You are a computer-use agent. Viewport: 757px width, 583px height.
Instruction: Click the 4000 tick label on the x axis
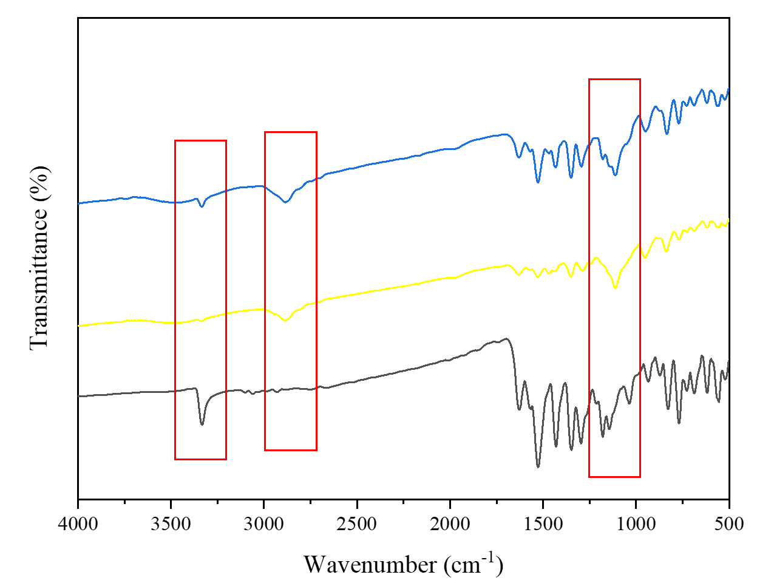click(78, 523)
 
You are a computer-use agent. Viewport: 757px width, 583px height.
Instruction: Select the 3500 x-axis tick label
click(171, 523)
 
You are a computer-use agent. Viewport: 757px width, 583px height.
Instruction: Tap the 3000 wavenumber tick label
click(263, 523)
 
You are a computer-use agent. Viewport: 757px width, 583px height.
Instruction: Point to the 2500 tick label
click(357, 523)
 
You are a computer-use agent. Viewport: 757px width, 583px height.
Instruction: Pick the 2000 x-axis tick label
click(450, 523)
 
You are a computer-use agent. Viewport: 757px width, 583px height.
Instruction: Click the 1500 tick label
click(543, 523)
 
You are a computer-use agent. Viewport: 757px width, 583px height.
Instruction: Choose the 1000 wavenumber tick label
click(636, 523)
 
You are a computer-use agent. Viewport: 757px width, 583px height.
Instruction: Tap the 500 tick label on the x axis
click(728, 523)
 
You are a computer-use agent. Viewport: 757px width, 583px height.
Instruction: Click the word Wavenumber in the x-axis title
click(370, 565)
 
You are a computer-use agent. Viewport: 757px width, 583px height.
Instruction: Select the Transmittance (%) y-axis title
click(39, 259)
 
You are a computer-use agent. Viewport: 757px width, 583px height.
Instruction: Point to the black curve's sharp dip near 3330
click(202, 424)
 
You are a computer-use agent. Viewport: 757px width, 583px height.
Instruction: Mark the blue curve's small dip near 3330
click(202, 206)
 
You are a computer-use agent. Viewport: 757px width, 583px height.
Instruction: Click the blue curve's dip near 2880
click(286, 202)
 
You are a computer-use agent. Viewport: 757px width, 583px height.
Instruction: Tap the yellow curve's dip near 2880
click(286, 320)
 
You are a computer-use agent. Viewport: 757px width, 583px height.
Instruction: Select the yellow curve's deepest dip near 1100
click(616, 287)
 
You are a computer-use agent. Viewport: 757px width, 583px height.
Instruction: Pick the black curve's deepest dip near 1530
click(538, 466)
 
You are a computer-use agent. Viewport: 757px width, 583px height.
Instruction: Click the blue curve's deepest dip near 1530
click(538, 182)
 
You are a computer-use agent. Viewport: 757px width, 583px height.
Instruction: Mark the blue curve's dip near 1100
click(616, 175)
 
